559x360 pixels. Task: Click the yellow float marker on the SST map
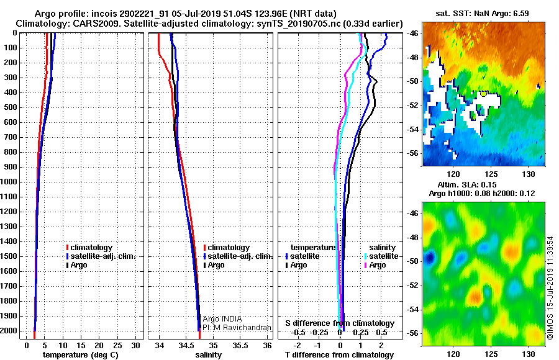tap(483, 94)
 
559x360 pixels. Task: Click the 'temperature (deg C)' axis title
tap(80, 354)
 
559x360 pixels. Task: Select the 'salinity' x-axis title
tap(209, 354)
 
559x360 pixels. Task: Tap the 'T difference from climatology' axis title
tap(339, 354)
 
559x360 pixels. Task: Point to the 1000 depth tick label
tap(8, 182)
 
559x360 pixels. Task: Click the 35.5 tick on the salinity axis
tap(240, 345)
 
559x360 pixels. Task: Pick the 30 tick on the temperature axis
tap(135, 345)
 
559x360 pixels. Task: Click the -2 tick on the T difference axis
tap(297, 345)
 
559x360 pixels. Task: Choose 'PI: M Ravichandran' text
tap(237, 328)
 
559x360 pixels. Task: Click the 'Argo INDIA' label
tap(222, 319)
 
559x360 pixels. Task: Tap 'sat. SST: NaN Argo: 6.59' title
tap(482, 14)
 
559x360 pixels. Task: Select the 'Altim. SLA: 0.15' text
tap(467, 184)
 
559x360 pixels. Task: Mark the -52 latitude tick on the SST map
tap(413, 106)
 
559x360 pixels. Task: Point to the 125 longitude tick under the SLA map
tap(491, 354)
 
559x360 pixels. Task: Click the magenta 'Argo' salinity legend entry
tap(375, 265)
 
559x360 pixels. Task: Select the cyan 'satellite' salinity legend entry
tap(381, 256)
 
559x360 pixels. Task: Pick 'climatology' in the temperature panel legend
tap(89, 248)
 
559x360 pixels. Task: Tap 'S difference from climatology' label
tap(340, 323)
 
